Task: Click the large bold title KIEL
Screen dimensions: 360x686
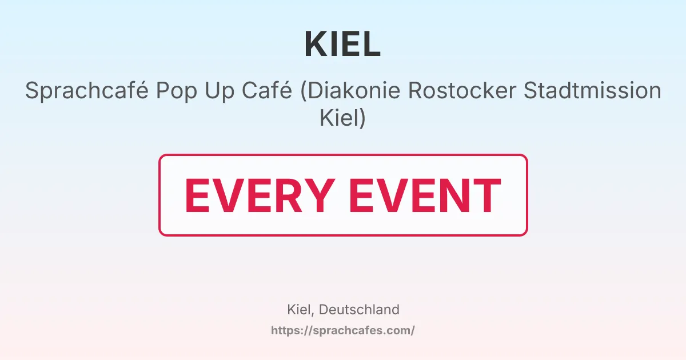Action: [342, 44]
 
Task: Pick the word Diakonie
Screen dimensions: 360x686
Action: [348, 91]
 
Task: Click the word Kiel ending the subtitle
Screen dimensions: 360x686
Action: [338, 119]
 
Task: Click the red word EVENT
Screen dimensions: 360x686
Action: [425, 196]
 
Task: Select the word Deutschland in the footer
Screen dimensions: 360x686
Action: [359, 310]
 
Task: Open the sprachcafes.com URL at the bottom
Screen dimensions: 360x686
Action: [342, 330]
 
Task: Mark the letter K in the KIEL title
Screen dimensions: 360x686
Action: [316, 44]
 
